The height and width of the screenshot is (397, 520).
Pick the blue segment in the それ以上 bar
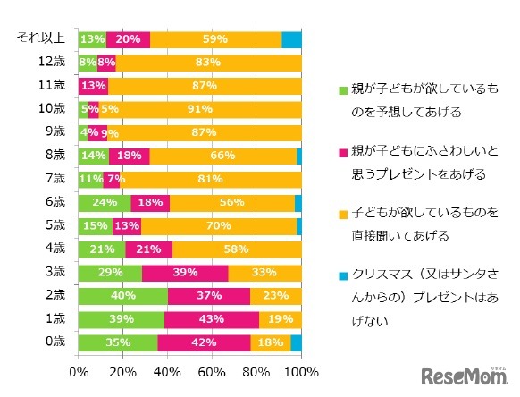292,39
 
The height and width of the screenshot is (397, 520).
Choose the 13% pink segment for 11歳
93,86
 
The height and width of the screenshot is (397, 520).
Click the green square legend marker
341,91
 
